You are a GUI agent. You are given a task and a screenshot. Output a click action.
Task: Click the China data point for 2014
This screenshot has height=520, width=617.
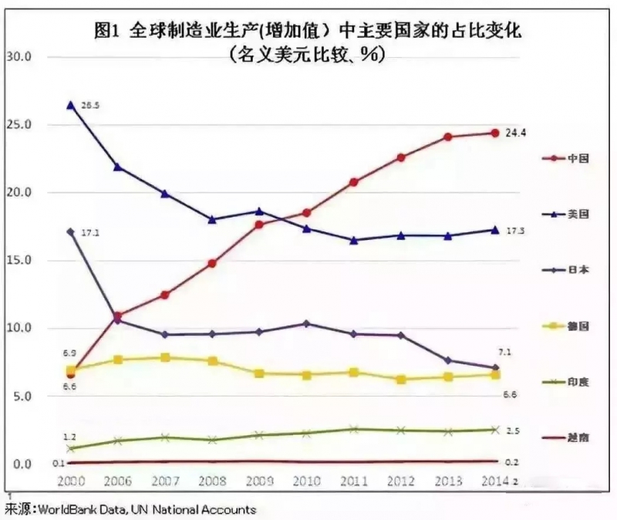pyautogui.click(x=494, y=133)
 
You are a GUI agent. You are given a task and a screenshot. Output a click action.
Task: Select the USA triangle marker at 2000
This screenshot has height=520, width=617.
pyautogui.click(x=71, y=105)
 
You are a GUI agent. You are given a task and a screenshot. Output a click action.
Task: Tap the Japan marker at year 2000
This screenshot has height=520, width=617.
pyautogui.click(x=71, y=231)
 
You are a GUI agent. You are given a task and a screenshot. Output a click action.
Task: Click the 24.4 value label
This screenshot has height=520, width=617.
pyautogui.click(x=515, y=133)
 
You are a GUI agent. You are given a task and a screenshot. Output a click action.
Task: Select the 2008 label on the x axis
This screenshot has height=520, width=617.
pyautogui.click(x=212, y=482)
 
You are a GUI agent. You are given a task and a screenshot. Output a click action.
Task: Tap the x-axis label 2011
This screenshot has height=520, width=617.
pyautogui.click(x=352, y=482)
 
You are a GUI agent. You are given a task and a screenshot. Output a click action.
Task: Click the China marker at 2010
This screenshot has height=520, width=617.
pyautogui.click(x=306, y=212)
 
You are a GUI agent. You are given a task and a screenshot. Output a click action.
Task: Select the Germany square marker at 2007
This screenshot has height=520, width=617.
pyautogui.click(x=165, y=357)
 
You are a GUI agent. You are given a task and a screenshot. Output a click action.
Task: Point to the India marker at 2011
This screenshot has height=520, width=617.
pyautogui.click(x=353, y=429)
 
